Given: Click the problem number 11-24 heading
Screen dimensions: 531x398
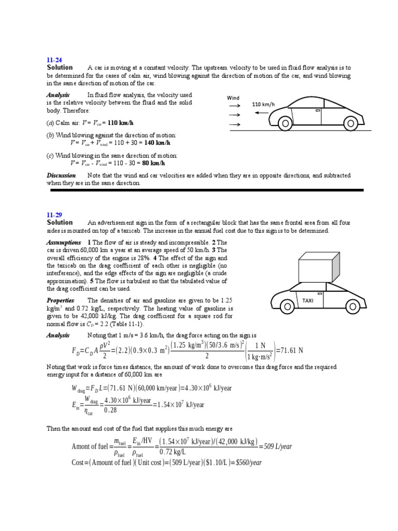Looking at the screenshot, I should coord(54,60).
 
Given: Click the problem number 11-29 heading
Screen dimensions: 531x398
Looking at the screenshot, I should coord(54,214).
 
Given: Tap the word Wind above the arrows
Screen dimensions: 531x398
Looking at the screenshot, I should coord(233,97).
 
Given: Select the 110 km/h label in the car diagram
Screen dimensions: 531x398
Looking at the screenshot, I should coord(263,104).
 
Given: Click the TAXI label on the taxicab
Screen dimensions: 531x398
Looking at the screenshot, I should coord(308,300).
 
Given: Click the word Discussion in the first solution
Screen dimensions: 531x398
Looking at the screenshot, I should coord(61,175).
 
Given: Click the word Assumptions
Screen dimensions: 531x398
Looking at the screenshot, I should coord(64,242).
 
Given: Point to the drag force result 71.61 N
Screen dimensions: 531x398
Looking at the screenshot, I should coord(289,351).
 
